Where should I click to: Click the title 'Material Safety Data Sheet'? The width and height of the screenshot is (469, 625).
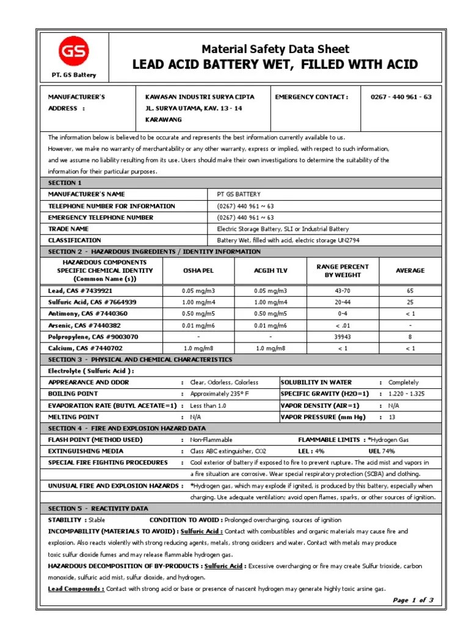pos(275,49)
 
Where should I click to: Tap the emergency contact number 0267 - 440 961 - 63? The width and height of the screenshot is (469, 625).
pos(401,96)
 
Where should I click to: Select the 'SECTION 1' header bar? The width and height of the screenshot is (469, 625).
pos(65,182)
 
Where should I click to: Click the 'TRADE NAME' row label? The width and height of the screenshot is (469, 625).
pos(69,229)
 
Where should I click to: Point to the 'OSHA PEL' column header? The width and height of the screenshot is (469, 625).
pos(198,270)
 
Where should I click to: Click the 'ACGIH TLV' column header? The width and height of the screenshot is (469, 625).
pos(270,270)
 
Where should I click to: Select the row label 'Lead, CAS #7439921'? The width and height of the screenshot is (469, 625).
pos(81,291)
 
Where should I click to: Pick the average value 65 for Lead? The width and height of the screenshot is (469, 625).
pos(410,291)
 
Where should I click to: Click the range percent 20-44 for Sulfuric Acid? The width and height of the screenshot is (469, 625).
pos(342,302)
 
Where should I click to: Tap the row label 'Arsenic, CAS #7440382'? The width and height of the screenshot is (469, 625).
pos(84,325)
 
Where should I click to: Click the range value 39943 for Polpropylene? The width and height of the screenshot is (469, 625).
pos(342,337)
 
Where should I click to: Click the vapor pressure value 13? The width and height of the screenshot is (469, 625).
pos(392,417)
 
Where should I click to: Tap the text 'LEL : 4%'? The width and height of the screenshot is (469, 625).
pos(311,451)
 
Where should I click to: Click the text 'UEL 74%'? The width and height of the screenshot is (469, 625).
pos(382,451)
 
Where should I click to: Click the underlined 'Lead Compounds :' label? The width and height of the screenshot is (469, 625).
pos(76,589)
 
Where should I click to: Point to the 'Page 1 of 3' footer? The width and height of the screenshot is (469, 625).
pos(413,600)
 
